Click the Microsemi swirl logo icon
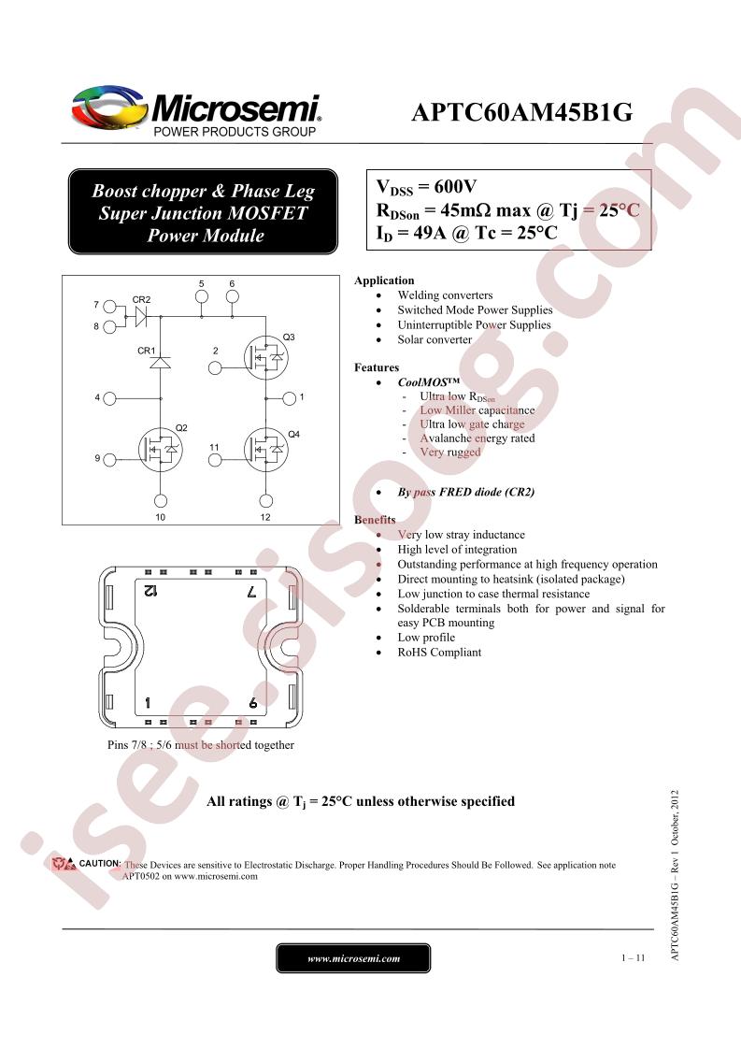[109, 106]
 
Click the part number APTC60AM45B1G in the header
[521, 112]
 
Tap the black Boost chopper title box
[204, 212]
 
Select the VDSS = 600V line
[426, 187]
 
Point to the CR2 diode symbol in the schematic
[141, 316]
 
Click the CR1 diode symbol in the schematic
[160, 363]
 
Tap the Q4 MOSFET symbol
[266, 450]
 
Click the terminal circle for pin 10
[161, 501]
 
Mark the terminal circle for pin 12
[266, 501]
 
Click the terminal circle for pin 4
[109, 398]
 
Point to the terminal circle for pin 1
[289, 398]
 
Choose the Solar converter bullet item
[435, 340]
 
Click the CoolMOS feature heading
[429, 382]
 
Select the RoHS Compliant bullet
[439, 653]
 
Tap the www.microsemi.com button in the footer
[353, 958]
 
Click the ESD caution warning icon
[64, 864]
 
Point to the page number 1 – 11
[633, 958]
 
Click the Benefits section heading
[375, 520]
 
